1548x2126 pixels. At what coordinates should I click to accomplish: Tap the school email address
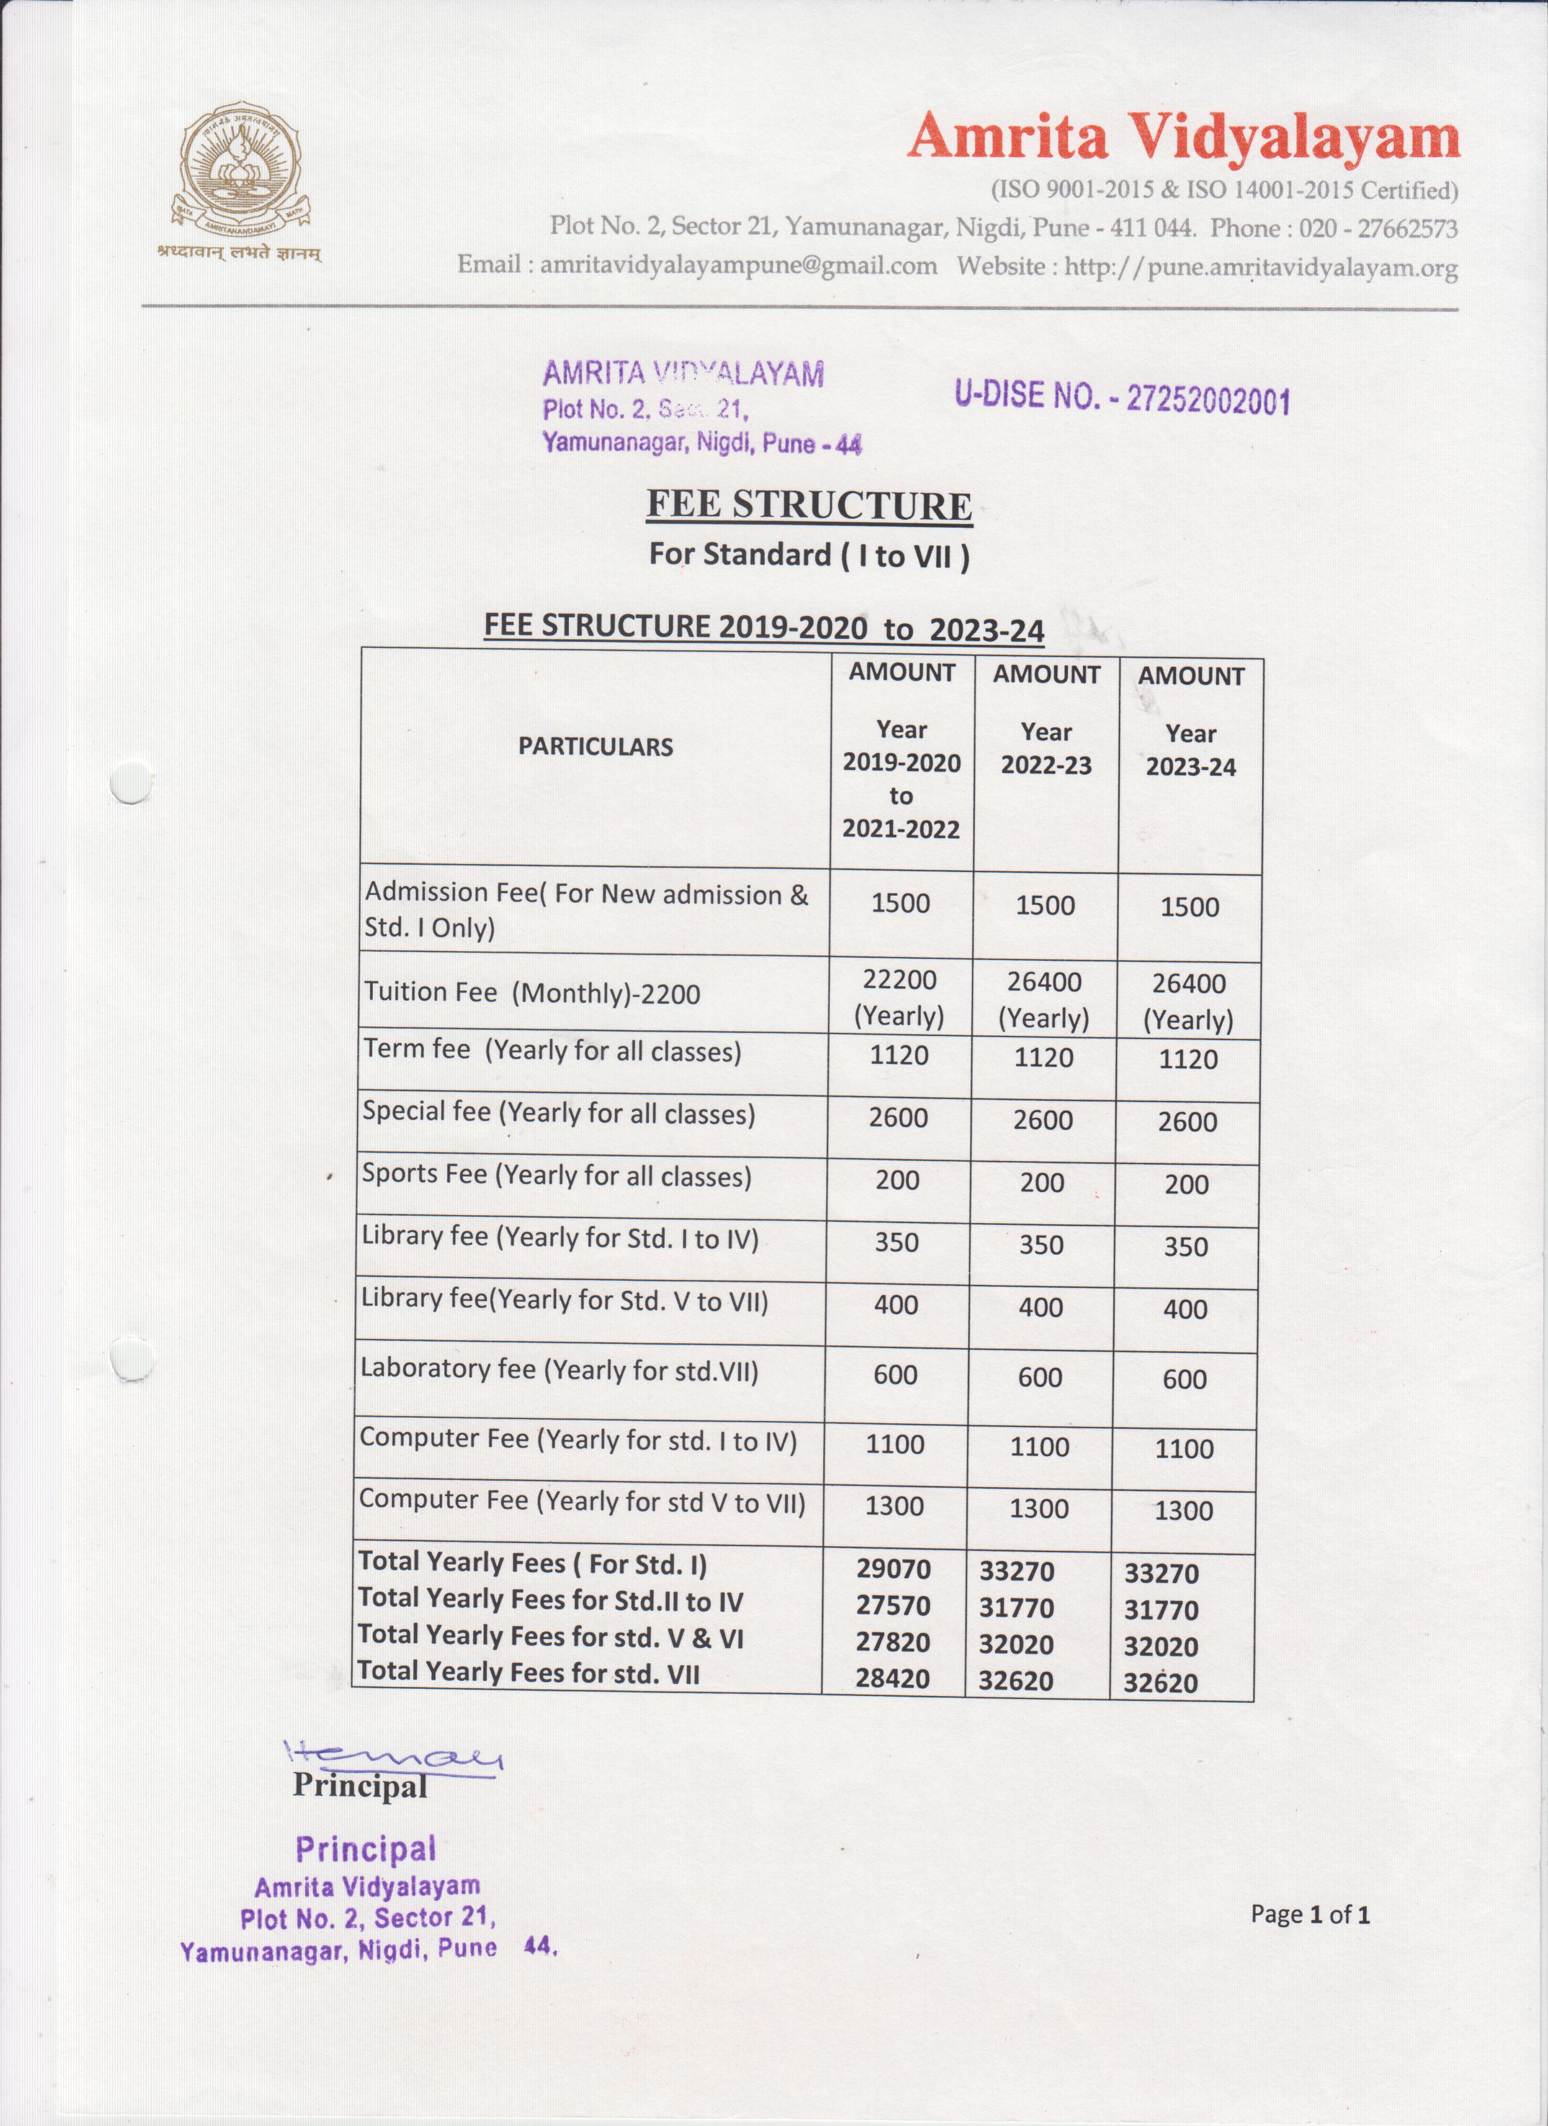click(x=738, y=265)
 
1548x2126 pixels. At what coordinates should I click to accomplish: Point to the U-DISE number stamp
click(x=1122, y=398)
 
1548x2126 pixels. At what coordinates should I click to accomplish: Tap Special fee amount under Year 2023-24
click(x=1187, y=1122)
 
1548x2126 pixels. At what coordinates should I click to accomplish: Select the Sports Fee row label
click(x=557, y=1176)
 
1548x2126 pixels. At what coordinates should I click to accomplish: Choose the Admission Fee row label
click(x=586, y=909)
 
